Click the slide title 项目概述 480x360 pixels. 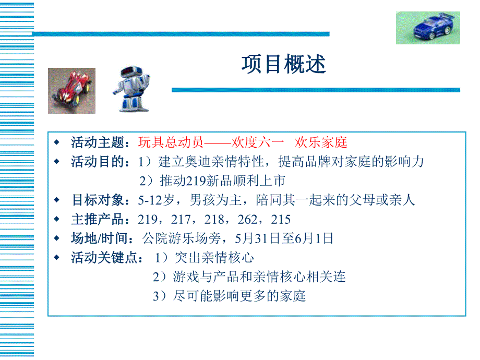283,65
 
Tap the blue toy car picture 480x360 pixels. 427,28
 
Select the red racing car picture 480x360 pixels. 71,91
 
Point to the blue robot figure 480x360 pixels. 131,89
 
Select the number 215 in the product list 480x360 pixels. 281,220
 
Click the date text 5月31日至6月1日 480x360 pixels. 284,239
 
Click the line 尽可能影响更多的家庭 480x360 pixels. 239,296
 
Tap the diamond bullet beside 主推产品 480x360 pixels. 58,220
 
